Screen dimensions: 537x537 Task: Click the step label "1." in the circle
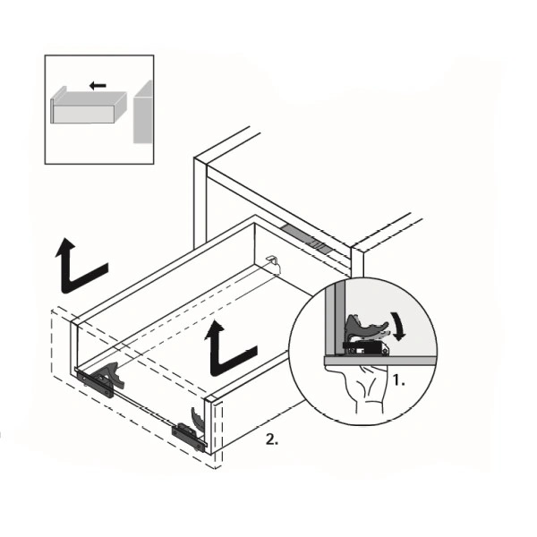[398, 380]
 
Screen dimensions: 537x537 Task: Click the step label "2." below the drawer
[272, 439]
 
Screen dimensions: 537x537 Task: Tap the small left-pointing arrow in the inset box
[98, 85]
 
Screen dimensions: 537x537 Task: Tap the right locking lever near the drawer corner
[197, 419]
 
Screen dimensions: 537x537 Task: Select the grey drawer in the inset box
[89, 106]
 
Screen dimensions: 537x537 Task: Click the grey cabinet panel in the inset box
[143, 114]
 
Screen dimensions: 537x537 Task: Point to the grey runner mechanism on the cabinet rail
[306, 238]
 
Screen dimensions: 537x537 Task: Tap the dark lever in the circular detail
[366, 328]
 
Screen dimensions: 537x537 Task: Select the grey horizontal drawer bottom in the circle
[379, 360]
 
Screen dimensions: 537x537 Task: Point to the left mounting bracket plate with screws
[95, 384]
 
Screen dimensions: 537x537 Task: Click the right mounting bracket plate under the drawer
[188, 437]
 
